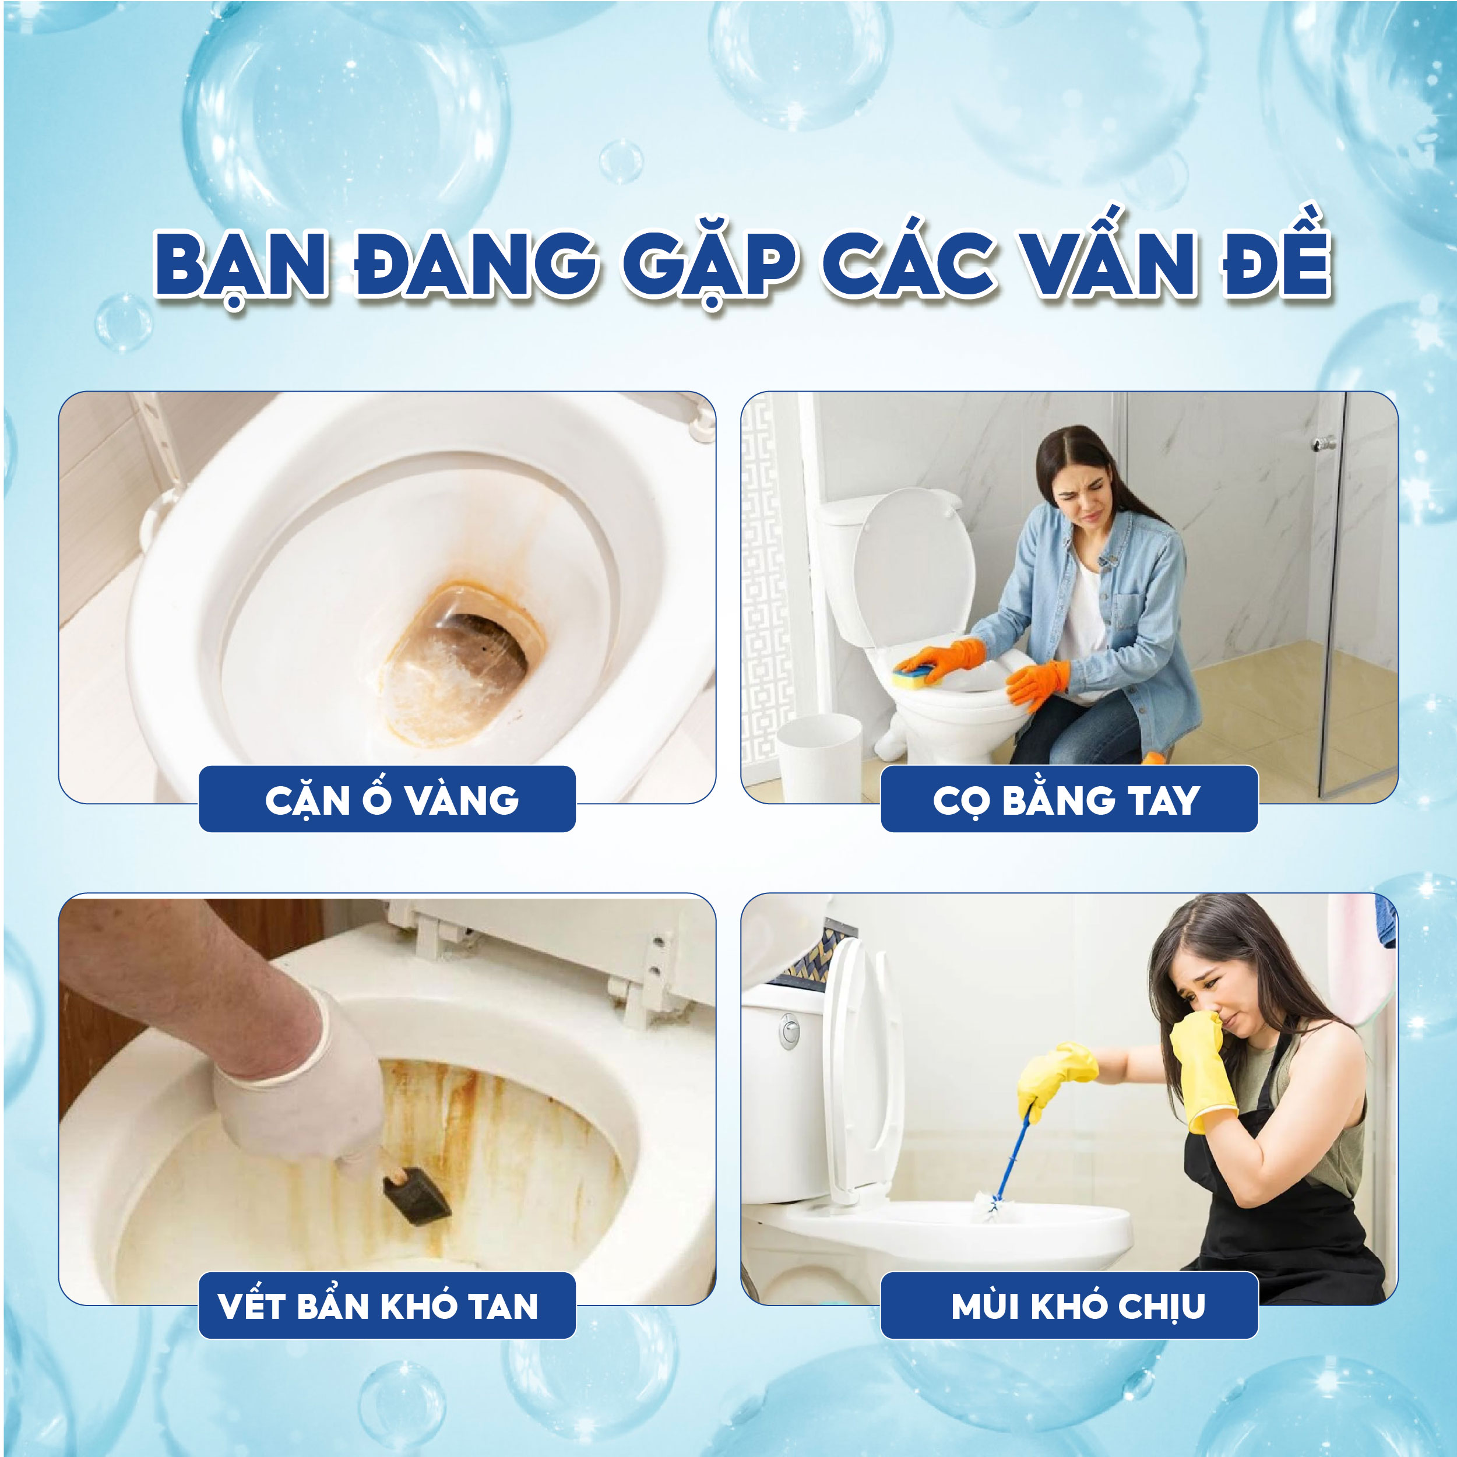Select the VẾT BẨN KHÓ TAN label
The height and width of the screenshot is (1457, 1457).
[378, 1306]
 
